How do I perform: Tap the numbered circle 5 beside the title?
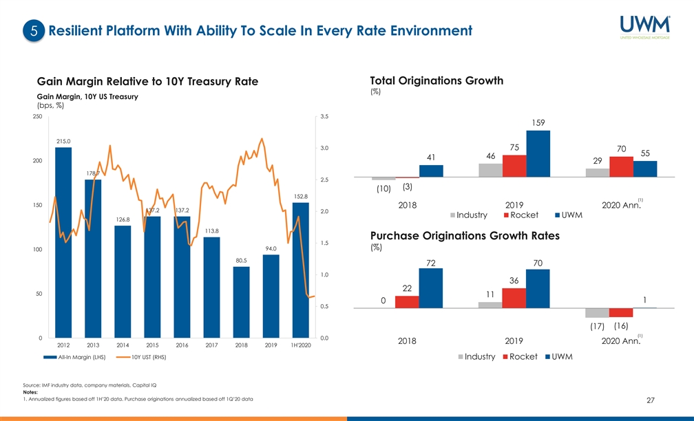(x=34, y=31)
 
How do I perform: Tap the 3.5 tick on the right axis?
(x=325, y=117)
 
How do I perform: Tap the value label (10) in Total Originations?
(x=383, y=188)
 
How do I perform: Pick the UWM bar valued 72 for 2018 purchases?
(x=431, y=288)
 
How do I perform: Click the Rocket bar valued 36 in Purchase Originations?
(x=514, y=298)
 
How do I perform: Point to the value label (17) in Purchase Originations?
(x=598, y=326)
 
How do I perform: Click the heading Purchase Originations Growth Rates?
(x=465, y=236)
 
